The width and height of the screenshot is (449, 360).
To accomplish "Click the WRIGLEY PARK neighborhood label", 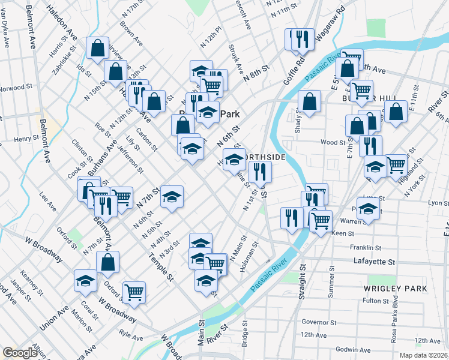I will (x=395, y=289).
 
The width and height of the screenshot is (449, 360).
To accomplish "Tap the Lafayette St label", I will (x=375, y=262).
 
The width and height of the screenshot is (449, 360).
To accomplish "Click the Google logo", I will (x=20, y=353).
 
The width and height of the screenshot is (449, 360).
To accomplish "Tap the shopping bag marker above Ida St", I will (x=97, y=49).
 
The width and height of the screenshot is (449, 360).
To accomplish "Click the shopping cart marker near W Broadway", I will (x=134, y=292).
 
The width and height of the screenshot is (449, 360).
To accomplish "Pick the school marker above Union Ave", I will (x=85, y=280).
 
